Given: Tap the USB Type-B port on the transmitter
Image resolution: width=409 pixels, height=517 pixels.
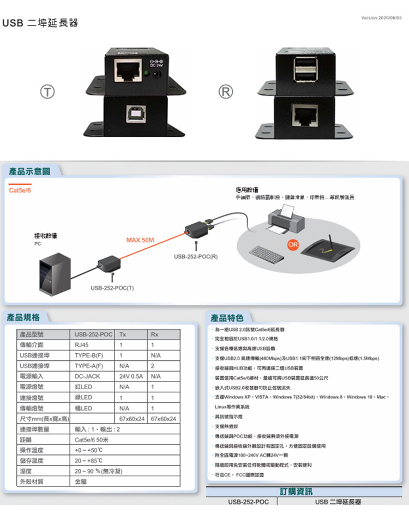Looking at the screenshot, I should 134,112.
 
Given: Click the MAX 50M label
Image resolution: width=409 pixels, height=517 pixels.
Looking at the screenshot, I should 140,240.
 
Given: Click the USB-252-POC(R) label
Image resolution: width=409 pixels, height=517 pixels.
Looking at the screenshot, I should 196,256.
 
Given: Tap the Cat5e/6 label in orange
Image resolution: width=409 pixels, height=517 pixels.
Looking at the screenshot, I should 21,190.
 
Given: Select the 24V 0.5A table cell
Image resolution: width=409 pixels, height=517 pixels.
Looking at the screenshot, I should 131,376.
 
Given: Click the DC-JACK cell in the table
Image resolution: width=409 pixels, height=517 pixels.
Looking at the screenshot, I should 87,376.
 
